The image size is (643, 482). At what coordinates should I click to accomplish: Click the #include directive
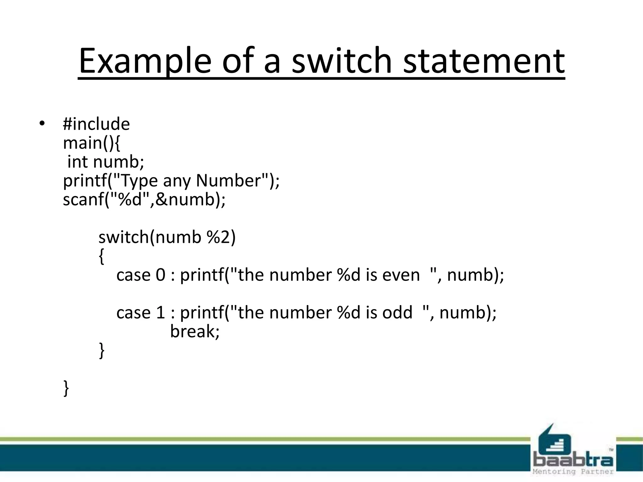coord(96,124)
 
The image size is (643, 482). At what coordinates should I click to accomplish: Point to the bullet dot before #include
coord(42,123)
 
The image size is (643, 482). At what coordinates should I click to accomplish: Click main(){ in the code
coord(91,143)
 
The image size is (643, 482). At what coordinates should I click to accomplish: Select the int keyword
coord(78,162)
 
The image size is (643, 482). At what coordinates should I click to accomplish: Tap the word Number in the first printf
coord(229,180)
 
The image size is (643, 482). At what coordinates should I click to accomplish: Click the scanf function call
coord(144,200)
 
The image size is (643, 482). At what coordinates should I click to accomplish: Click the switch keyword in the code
coord(123,237)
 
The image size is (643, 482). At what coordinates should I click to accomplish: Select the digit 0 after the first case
coord(160,275)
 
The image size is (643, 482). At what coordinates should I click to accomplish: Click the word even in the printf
coord(401,275)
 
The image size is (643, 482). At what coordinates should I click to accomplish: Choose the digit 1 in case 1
coord(160,313)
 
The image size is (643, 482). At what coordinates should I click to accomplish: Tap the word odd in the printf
coord(397,313)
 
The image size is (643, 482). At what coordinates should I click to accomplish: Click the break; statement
coord(195,331)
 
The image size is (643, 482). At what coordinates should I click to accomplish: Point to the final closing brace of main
coord(66,388)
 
